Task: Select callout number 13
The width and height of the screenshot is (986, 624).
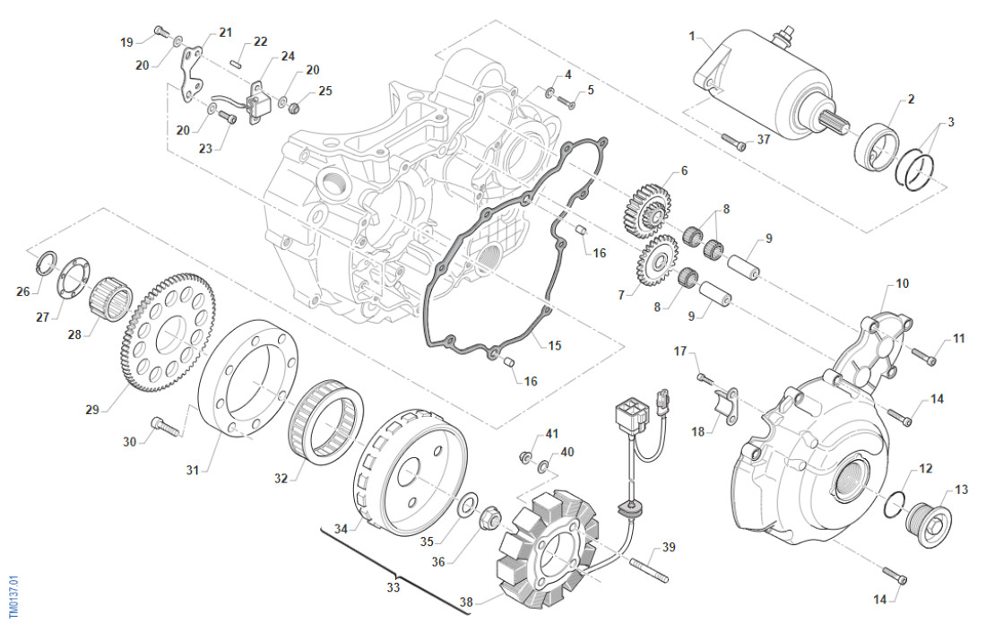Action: click(x=961, y=490)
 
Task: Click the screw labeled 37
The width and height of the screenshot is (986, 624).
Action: click(x=732, y=143)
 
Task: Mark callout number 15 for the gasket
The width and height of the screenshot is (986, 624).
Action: click(x=555, y=344)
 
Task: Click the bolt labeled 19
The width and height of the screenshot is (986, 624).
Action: click(x=160, y=31)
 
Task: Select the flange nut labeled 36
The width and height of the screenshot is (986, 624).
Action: click(x=491, y=517)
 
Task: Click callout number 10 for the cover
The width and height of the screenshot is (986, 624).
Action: click(x=902, y=283)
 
